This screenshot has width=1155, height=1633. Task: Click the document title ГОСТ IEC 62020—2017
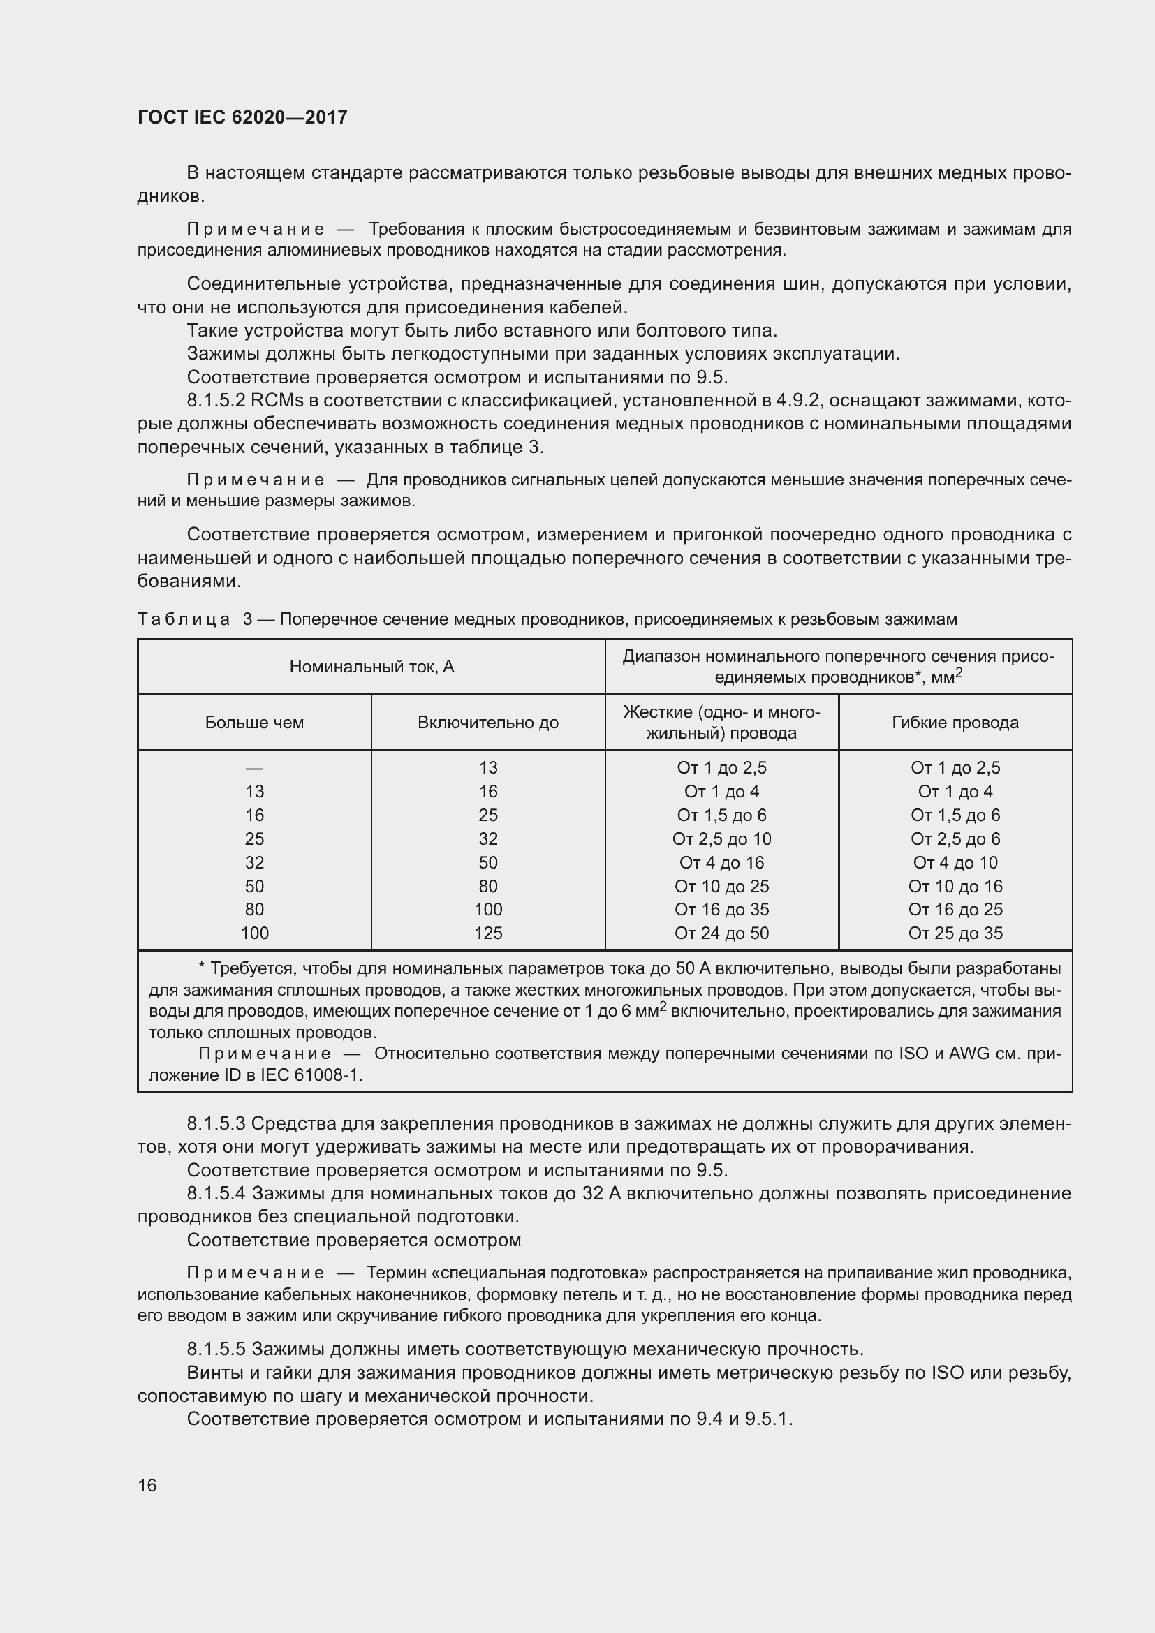(x=242, y=117)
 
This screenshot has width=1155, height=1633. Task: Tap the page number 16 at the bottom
(x=147, y=1485)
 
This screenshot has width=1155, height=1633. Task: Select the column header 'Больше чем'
(x=254, y=723)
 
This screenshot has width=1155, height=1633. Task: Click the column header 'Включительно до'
(x=488, y=723)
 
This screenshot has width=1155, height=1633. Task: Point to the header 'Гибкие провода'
(x=955, y=723)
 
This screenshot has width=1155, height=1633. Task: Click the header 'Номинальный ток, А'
(x=371, y=667)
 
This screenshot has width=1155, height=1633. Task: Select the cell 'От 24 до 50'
(x=721, y=933)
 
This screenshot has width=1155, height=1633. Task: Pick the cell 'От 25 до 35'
(x=955, y=933)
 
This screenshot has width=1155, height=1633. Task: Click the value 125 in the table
(x=488, y=933)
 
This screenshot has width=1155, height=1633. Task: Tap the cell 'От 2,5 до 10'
(x=721, y=838)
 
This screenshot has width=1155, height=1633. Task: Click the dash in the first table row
(x=254, y=768)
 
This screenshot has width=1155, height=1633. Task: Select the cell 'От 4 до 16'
(x=721, y=863)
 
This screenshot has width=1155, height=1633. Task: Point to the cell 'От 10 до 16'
(x=955, y=886)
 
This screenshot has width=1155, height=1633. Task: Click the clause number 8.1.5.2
(x=216, y=401)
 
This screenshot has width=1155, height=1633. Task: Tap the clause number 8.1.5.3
(x=216, y=1124)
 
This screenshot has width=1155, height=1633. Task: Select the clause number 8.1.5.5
(x=216, y=1350)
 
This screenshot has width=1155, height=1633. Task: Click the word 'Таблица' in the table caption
(x=184, y=619)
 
